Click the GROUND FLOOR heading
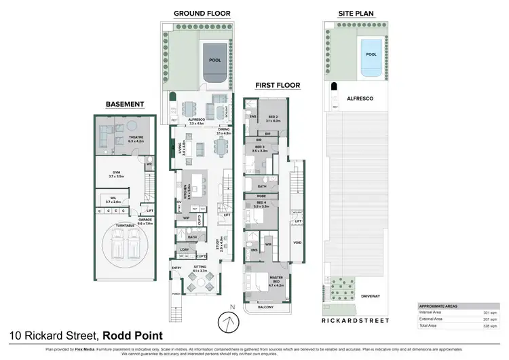[202, 13]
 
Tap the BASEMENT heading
[125, 104]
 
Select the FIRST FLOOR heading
[278, 86]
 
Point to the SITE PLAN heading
[357, 13]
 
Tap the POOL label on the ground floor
[214, 60]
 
